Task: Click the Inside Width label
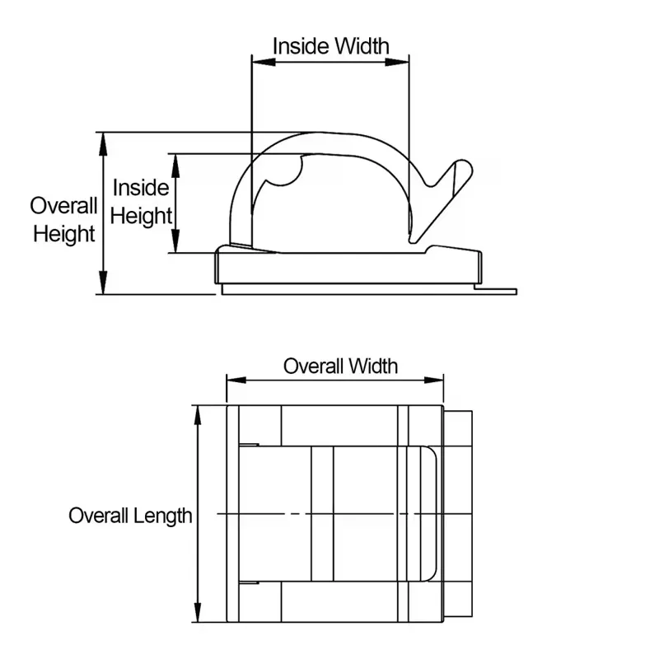click(331, 46)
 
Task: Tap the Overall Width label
click(340, 366)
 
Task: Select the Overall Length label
click(130, 516)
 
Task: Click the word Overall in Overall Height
click(64, 206)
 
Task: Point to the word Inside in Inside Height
click(141, 188)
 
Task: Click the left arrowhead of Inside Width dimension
click(264, 63)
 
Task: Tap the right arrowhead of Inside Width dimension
click(397, 63)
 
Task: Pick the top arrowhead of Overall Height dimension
click(103, 144)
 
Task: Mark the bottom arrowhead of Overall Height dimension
click(103, 283)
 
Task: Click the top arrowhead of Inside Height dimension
click(175, 166)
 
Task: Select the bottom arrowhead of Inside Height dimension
click(175, 241)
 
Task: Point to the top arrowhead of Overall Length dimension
click(197, 418)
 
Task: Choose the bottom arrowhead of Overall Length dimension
click(197, 610)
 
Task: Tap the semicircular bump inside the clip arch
click(289, 173)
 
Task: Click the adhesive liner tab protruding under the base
click(496, 292)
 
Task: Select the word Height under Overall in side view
click(64, 234)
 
